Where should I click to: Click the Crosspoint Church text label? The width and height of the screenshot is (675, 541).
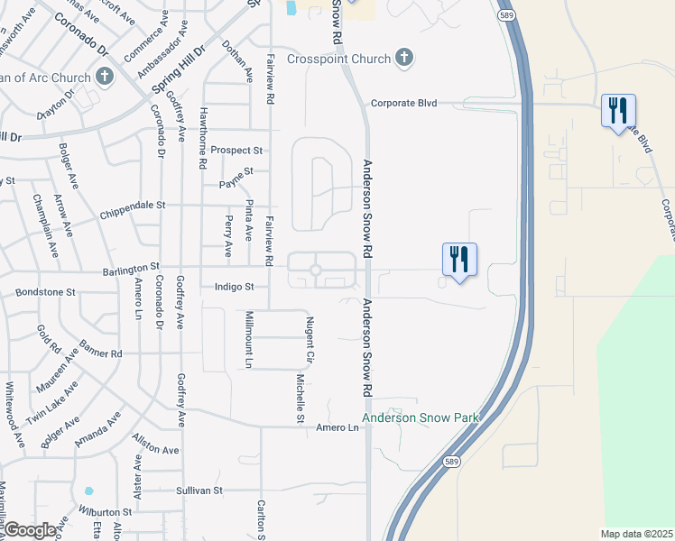[338, 60]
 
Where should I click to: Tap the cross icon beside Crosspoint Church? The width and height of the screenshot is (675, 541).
[403, 59]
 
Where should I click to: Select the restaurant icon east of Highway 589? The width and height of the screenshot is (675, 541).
[618, 111]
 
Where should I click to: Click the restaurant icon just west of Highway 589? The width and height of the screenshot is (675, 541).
[459, 260]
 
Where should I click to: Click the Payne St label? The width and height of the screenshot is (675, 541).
[237, 171]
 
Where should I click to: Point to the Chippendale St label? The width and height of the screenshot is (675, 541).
[132, 205]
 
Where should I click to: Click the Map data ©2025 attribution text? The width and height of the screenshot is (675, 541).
[636, 534]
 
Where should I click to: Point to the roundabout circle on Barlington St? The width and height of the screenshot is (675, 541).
[316, 270]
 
